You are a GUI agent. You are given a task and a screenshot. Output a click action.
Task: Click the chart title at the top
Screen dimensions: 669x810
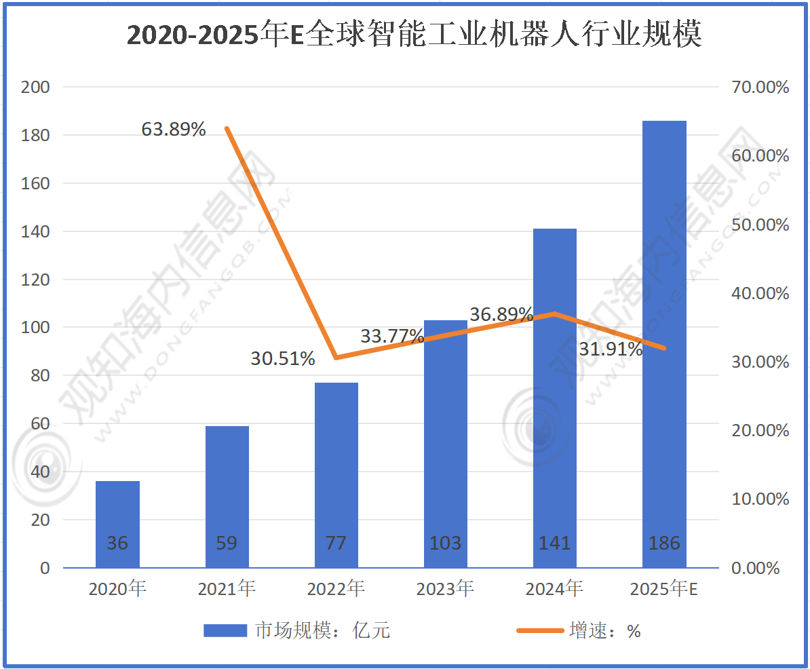[414, 35]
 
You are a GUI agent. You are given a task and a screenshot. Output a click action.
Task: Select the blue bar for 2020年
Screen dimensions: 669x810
[117, 522]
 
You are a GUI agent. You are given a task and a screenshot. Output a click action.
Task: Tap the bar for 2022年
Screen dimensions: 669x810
[336, 475]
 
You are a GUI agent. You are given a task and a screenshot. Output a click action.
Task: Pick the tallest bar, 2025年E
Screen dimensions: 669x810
[664, 339]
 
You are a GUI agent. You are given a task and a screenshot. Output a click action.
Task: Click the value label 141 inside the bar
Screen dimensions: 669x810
[555, 543]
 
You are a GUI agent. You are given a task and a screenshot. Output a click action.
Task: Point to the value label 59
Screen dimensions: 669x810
[227, 543]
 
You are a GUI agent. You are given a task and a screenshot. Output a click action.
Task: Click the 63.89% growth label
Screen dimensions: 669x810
[174, 129]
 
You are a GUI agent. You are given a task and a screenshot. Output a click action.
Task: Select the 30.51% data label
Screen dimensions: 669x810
[283, 358]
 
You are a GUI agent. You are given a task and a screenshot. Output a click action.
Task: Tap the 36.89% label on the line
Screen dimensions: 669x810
[501, 314]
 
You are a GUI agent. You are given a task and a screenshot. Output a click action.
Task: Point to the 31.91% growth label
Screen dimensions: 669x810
[611, 349]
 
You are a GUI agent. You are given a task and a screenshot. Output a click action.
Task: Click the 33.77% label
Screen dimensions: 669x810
[392, 336]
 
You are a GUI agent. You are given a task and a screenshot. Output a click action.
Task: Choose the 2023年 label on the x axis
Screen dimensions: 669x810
[445, 589]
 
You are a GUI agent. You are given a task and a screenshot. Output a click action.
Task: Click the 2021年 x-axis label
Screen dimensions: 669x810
[227, 589]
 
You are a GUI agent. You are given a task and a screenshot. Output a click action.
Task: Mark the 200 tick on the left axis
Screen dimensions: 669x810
[37, 88]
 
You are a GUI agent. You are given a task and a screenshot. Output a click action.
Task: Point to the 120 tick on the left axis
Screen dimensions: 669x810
[37, 280]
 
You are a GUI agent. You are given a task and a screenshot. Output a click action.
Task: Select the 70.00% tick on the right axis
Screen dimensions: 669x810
[760, 88]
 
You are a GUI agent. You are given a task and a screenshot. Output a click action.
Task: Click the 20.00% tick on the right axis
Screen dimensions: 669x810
[760, 431]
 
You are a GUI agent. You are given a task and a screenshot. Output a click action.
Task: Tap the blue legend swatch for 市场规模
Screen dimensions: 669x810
[225, 631]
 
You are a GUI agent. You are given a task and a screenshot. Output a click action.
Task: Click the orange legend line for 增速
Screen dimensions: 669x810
[540, 631]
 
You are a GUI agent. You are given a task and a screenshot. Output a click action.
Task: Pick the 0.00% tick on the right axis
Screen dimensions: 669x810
[756, 568]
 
